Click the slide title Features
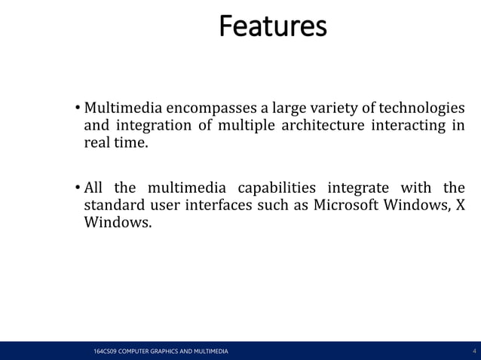(x=272, y=26)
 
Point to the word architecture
(x=323, y=124)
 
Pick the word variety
(x=342, y=108)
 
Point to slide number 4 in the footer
(x=473, y=352)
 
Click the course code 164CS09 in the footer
(x=97, y=352)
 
